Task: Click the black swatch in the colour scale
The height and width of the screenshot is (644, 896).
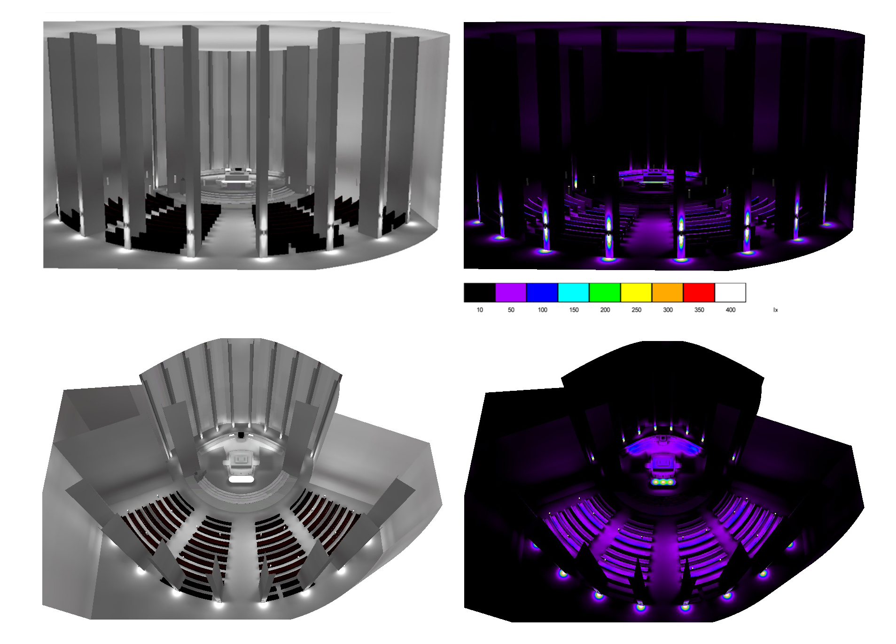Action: (479, 292)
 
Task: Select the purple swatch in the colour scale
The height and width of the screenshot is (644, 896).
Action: (511, 292)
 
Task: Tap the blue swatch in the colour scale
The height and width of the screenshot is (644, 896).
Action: (542, 292)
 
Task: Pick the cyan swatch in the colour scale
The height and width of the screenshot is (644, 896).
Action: (574, 292)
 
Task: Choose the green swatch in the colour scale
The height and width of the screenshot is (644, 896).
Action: (605, 292)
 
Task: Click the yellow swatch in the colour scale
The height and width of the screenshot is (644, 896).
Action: (636, 292)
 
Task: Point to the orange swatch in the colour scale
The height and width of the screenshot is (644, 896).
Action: (668, 292)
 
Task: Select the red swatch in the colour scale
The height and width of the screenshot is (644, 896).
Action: (699, 292)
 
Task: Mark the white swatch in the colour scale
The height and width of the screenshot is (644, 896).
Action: (730, 292)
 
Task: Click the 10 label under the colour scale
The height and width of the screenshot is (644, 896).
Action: (480, 310)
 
